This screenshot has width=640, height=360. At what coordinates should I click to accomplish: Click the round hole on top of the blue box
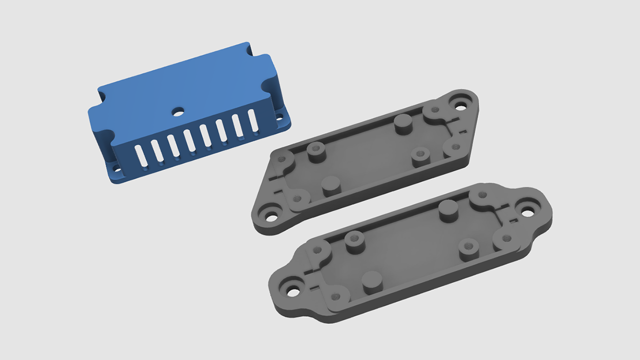click(177, 111)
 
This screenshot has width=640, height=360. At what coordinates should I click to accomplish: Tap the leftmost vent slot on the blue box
click(142, 155)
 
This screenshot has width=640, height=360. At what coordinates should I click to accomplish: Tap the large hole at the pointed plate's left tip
click(270, 217)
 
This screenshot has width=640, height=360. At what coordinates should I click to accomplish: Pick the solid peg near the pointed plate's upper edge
click(403, 123)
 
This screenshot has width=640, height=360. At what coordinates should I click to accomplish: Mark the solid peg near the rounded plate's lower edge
click(372, 281)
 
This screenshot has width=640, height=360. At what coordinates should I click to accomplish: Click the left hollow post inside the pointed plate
click(316, 150)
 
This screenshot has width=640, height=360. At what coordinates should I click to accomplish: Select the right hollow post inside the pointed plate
click(419, 156)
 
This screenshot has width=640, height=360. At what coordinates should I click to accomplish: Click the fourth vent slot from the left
click(189, 140)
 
